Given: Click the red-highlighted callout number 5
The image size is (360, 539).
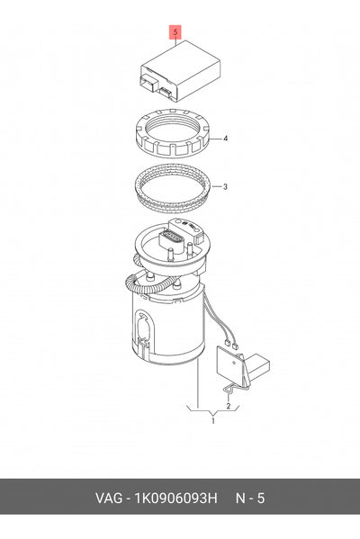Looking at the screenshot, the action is click(175, 32).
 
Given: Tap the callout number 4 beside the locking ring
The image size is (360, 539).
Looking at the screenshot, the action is click(225, 139).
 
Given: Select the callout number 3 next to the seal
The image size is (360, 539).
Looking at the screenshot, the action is click(225, 187).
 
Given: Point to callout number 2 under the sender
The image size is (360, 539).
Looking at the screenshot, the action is click(229, 406).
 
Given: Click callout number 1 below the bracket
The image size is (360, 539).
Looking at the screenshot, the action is click(212, 421).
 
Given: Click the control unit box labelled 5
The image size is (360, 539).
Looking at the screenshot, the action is click(180, 71).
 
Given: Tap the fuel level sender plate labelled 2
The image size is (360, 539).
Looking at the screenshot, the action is click(229, 364).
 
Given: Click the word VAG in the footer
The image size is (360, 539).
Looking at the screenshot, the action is click(109, 499).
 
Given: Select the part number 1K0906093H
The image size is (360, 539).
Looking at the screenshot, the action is click(176, 499).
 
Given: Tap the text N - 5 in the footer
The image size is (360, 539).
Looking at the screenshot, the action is click(250, 499).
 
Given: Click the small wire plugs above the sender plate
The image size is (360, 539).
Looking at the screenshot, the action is click(230, 345).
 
